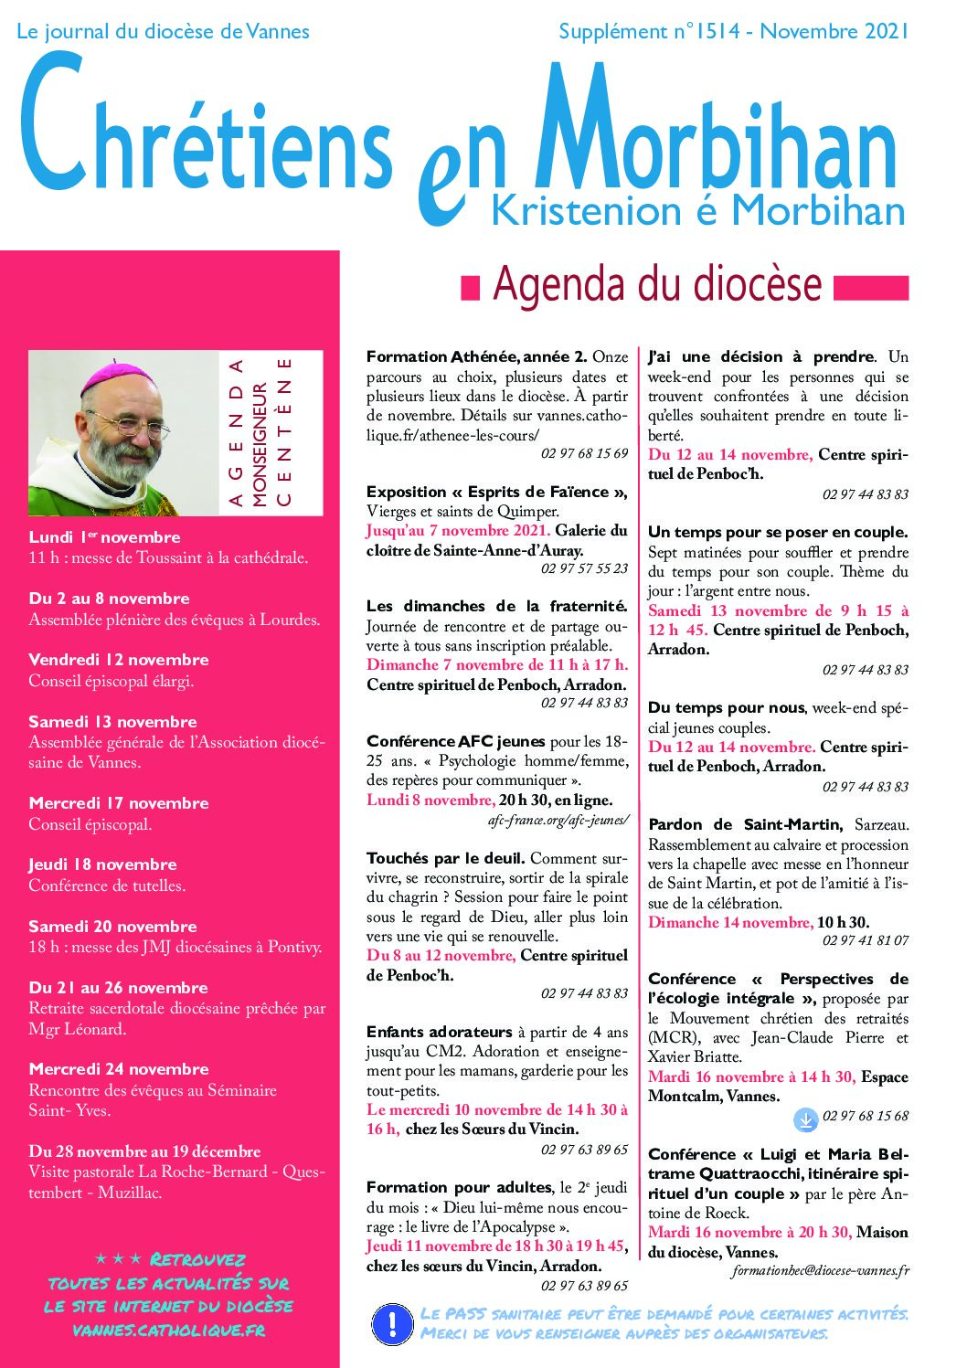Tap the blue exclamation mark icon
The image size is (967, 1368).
(x=393, y=1323)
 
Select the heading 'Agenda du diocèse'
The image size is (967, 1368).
(x=657, y=284)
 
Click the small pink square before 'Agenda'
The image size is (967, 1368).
(x=470, y=288)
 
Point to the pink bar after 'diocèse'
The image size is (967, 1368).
(x=871, y=288)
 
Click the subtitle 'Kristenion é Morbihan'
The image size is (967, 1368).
(x=698, y=211)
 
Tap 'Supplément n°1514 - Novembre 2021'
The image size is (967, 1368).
(x=733, y=31)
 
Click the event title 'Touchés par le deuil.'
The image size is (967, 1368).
(x=445, y=858)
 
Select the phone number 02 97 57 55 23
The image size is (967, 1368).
(x=584, y=568)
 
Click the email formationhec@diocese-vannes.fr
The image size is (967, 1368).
(x=820, y=1270)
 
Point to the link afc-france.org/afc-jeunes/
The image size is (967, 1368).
(x=558, y=820)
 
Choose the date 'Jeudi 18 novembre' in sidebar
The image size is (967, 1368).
(x=102, y=864)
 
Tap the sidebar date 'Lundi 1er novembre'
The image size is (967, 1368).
(x=104, y=537)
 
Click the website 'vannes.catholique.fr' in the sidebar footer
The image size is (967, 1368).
(x=169, y=1331)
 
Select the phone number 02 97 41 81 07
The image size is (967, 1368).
(x=865, y=940)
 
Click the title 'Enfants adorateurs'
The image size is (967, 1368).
(x=439, y=1032)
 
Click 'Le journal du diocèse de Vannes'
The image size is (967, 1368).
(x=163, y=31)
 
